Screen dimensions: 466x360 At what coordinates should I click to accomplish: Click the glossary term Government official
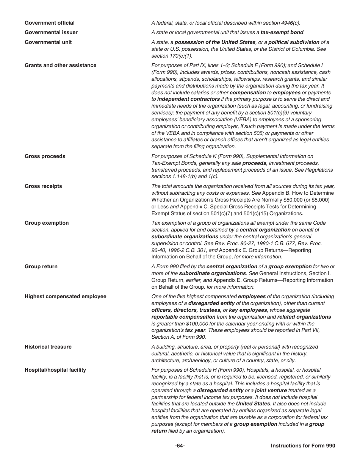pos(50,23)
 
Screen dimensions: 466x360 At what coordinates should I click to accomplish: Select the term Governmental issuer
pos(51,33)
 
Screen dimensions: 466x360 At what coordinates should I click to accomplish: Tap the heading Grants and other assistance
pos(60,66)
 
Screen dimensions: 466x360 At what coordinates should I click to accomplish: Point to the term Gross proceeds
pos(45,156)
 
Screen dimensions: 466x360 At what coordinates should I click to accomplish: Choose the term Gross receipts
pos(43,186)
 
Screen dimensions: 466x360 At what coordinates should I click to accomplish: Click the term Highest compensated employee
pos(65,297)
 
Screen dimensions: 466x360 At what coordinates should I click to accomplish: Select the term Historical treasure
pos(48,347)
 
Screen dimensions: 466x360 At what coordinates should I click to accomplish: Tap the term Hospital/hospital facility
pos(55,370)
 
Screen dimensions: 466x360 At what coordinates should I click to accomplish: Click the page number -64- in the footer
pos(180,446)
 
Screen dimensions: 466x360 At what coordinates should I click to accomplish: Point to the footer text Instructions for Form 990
pos(303,446)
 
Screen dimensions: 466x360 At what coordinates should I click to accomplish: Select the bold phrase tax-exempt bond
pos(282,33)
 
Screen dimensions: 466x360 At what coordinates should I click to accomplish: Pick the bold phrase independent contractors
pos(188,99)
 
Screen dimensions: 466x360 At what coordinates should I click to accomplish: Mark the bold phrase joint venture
pos(271,391)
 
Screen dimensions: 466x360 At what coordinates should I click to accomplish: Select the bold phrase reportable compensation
pos(183,317)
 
